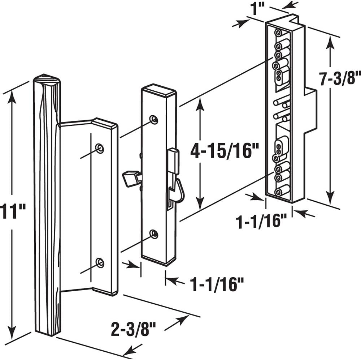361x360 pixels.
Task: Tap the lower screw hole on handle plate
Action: (100, 262)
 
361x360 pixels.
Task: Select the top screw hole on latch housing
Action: (154, 119)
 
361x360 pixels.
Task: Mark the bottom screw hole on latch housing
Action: (154, 234)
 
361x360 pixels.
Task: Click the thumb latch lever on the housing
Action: (131, 179)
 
